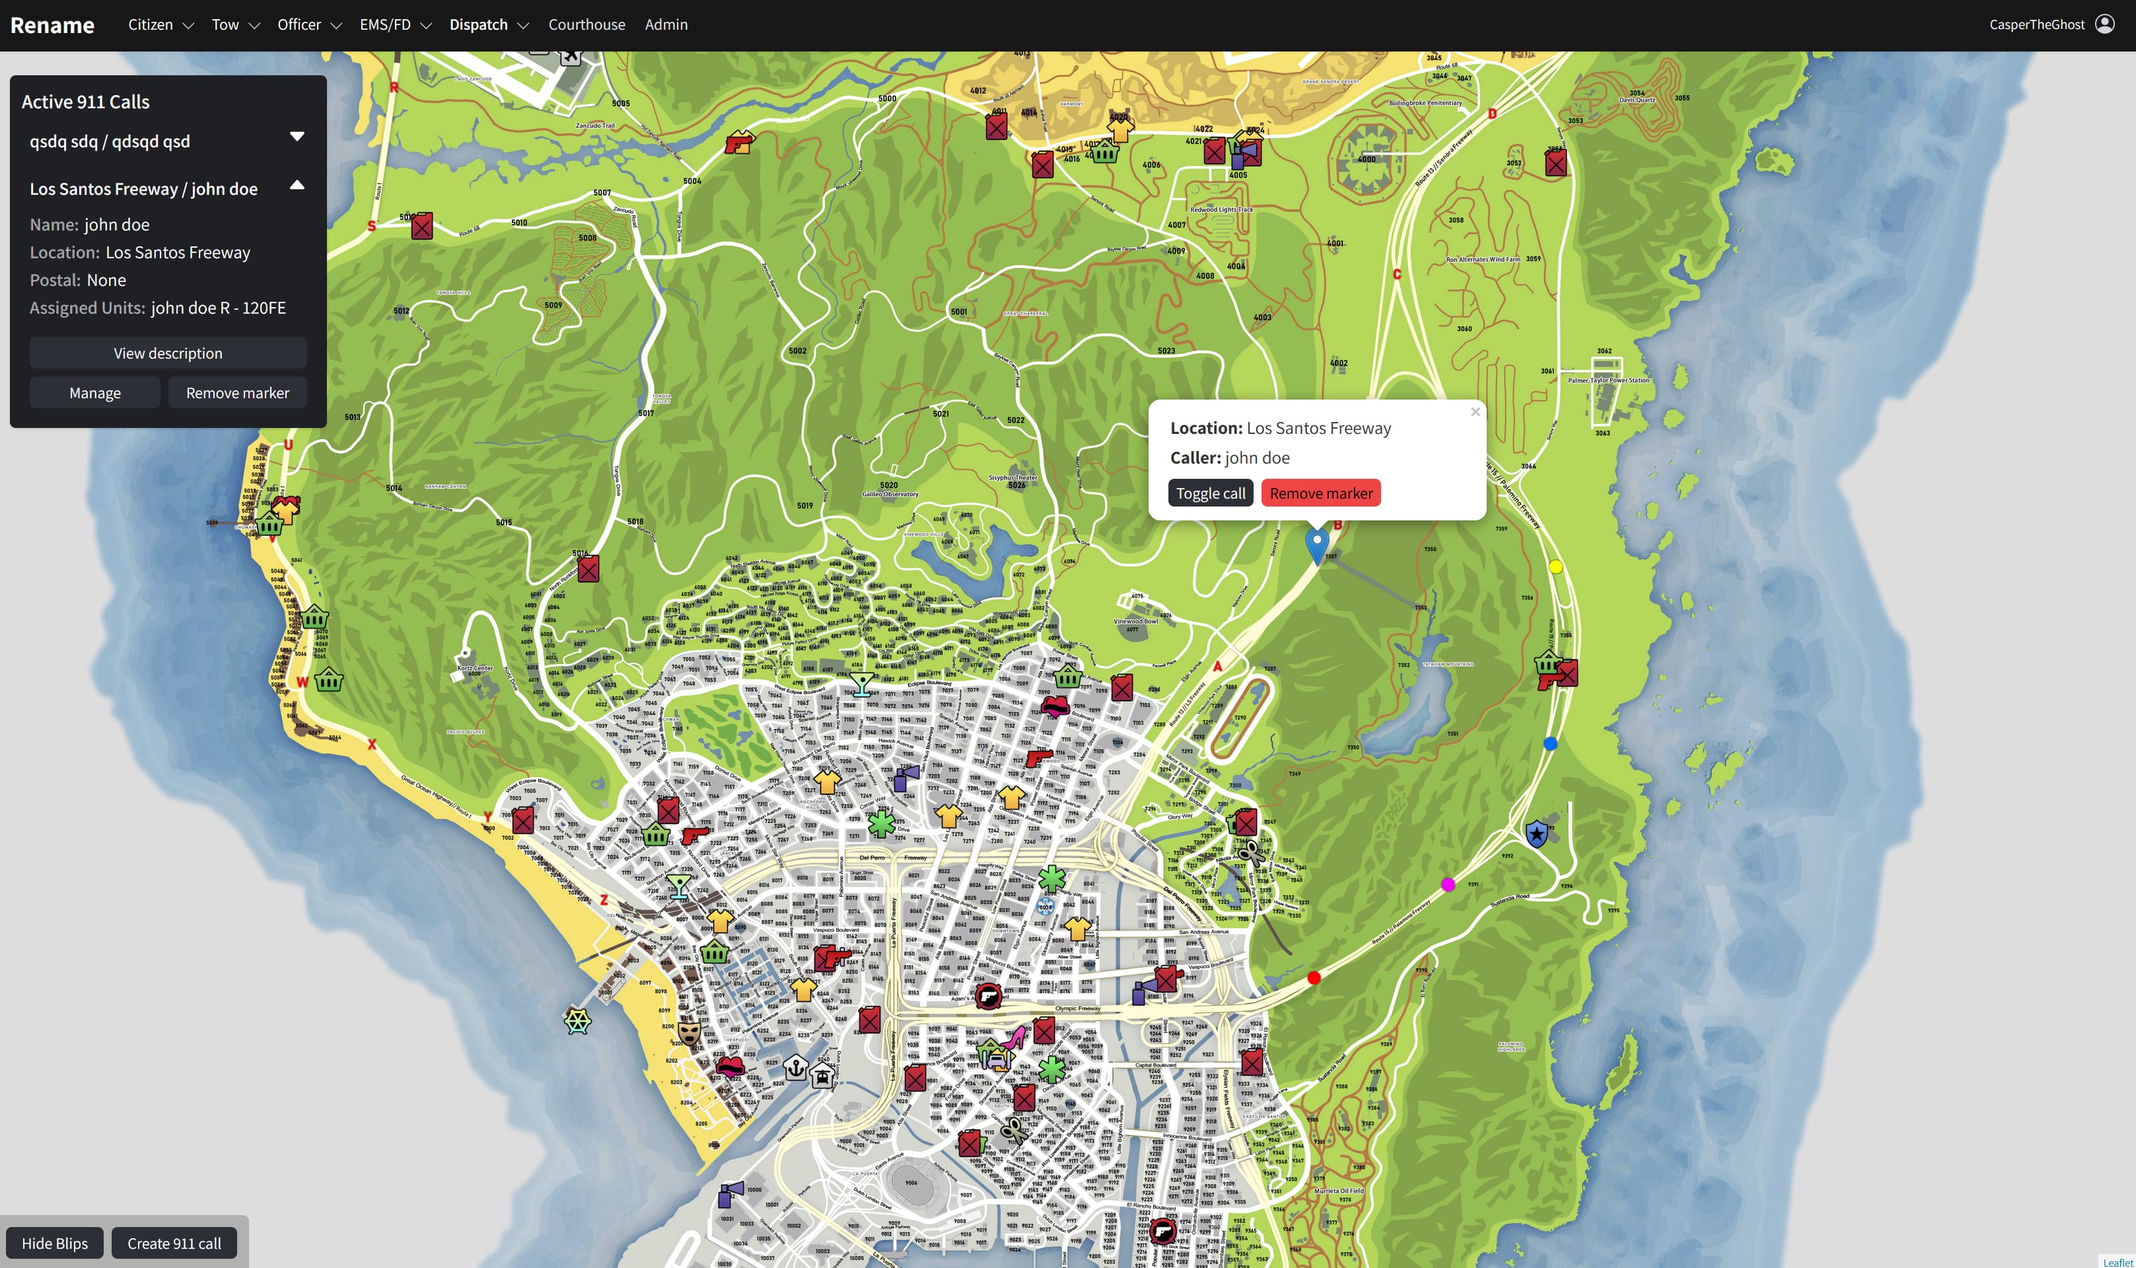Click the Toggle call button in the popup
coord(1210,493)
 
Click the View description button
coord(168,353)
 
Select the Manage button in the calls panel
coord(95,393)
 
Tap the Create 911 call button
coord(174,1243)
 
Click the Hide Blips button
coord(55,1243)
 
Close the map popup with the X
coord(1475,412)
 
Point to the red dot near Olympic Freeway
coord(1314,977)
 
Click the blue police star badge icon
coord(1536,833)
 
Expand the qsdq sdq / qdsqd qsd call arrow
coord(297,137)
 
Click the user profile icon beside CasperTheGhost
coord(2105,24)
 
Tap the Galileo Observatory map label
coord(890,494)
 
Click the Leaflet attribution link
coord(2118,1262)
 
